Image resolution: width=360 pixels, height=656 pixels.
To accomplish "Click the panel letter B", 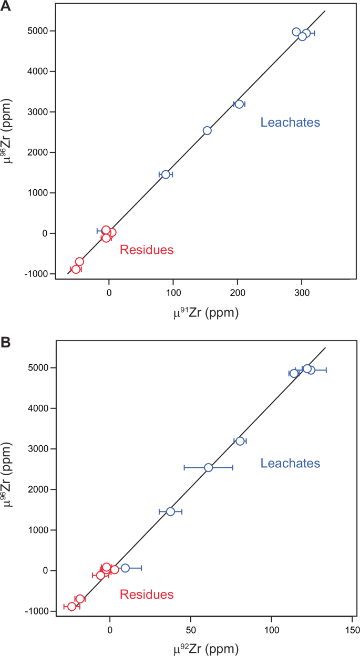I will coord(6,343).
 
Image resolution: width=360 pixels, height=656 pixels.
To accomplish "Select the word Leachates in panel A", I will coord(290,122).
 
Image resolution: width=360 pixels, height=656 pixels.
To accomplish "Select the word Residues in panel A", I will coord(147,250).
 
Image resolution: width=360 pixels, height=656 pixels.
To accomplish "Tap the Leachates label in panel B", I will coord(290,463).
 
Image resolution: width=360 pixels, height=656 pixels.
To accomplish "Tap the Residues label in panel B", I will coord(147,594).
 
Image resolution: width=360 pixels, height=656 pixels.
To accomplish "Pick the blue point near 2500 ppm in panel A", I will coord(207,130).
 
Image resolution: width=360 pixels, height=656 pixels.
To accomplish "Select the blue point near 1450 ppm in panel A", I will coord(166,175).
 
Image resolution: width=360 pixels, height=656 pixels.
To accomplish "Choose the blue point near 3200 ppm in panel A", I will coord(239,104).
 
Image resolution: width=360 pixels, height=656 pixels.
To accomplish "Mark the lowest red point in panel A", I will coord(76,269).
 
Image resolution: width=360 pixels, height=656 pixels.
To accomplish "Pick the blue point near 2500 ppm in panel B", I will coord(209,467).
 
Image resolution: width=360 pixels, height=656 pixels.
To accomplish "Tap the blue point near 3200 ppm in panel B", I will coord(240,441).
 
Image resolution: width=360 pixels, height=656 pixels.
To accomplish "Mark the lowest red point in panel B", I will coord(72,607).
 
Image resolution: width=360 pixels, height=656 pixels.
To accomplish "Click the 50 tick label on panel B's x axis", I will coord(190,629).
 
